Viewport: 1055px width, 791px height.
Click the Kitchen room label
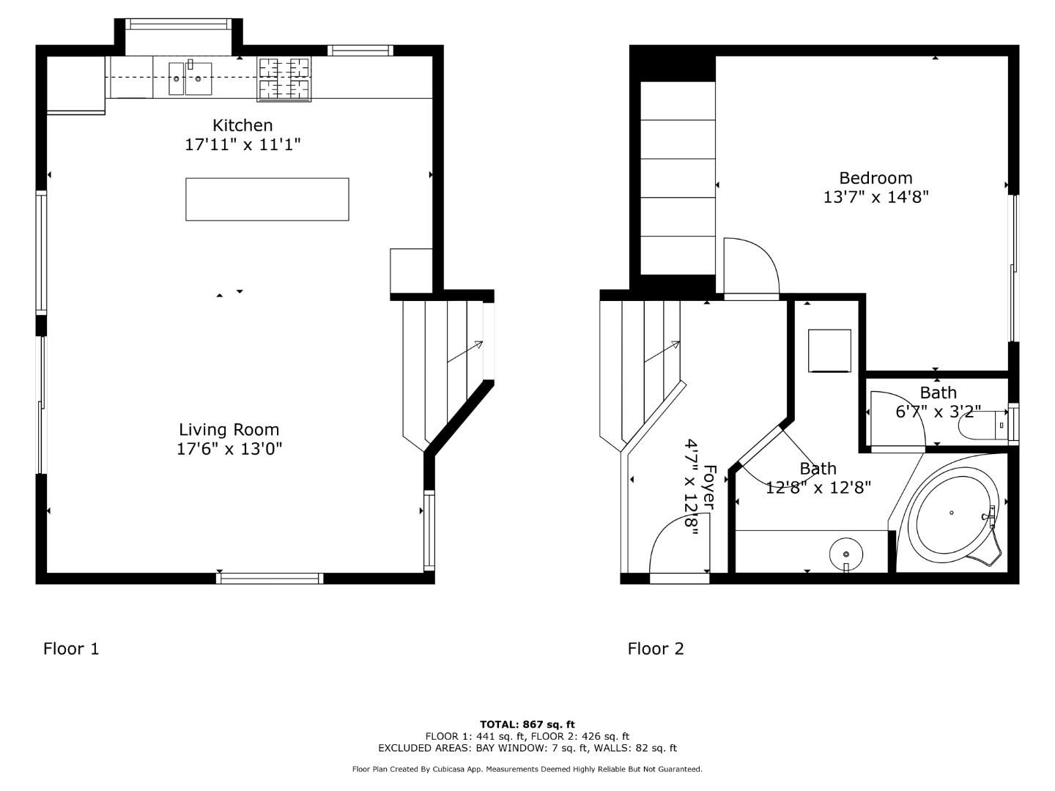tap(243, 125)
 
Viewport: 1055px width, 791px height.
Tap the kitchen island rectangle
tap(267, 199)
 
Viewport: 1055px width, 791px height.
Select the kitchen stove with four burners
tap(284, 79)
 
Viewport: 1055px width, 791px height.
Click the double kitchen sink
tap(190, 79)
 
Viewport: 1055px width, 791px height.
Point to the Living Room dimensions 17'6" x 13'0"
tap(229, 449)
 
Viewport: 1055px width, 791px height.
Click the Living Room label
tap(229, 430)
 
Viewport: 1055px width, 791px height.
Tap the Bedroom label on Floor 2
tap(876, 178)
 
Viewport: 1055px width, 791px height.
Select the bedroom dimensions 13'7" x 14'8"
tap(876, 197)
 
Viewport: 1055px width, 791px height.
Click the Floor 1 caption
tap(71, 649)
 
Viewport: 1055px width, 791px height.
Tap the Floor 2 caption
tap(656, 649)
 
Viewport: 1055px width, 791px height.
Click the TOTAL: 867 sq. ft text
tap(527, 724)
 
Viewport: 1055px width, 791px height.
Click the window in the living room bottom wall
tap(270, 579)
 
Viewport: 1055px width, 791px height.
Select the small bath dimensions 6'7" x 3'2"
tap(938, 412)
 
